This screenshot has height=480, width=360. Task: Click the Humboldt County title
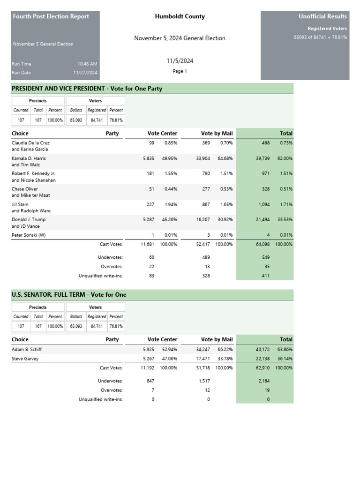click(x=180, y=16)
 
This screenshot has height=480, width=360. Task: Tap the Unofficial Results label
click(x=322, y=16)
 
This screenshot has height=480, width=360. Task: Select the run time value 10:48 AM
click(x=88, y=64)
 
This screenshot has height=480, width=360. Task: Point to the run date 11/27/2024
click(x=85, y=73)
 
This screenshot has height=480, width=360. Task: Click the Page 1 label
click(x=180, y=71)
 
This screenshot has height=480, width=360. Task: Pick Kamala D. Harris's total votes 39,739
click(x=262, y=158)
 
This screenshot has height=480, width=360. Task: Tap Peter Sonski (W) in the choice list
click(x=29, y=235)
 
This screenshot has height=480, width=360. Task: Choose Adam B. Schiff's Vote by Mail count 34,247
click(x=205, y=349)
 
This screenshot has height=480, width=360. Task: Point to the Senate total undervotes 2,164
click(x=264, y=381)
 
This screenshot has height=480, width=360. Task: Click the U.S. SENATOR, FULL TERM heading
click(x=69, y=294)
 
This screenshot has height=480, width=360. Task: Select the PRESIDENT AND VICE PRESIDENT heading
click(x=87, y=89)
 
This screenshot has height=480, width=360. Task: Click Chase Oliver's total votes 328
click(x=265, y=189)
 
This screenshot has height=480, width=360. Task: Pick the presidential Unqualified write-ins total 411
click(x=265, y=276)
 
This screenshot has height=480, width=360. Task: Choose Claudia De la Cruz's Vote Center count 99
click(x=151, y=142)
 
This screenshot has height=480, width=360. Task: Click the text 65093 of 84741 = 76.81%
click(x=320, y=37)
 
